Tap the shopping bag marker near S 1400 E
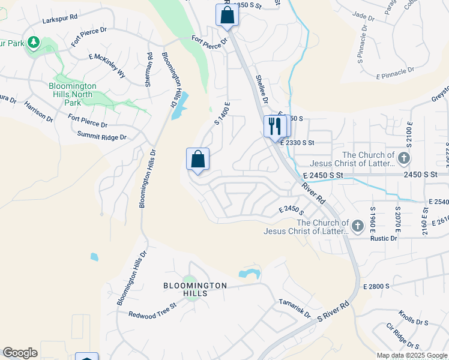[x=197, y=160]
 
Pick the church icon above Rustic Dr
[x=358, y=226]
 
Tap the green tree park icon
[x=34, y=43]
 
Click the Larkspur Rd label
[x=60, y=19]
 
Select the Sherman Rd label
[x=148, y=70]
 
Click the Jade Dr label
[x=364, y=15]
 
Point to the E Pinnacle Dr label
[x=395, y=73]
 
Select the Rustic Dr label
[x=384, y=238]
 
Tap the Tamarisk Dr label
[x=294, y=309]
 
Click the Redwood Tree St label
[x=152, y=310]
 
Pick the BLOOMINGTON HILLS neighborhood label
[x=196, y=289]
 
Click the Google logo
[x=20, y=353]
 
